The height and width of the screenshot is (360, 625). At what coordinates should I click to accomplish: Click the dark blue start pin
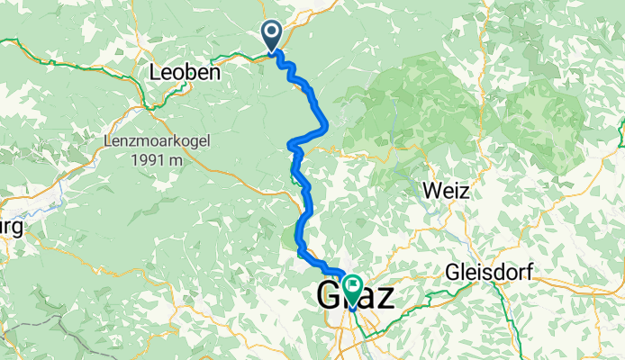point(272,37)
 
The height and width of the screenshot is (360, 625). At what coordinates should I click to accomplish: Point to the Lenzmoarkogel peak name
point(150,142)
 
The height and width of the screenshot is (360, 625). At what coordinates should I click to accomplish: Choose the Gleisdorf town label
point(489,273)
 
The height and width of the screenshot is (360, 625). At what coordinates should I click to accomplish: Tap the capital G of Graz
point(329,295)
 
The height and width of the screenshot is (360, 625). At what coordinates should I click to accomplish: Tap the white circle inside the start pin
point(272,31)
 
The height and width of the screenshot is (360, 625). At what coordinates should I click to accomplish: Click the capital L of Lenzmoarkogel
point(108,142)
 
